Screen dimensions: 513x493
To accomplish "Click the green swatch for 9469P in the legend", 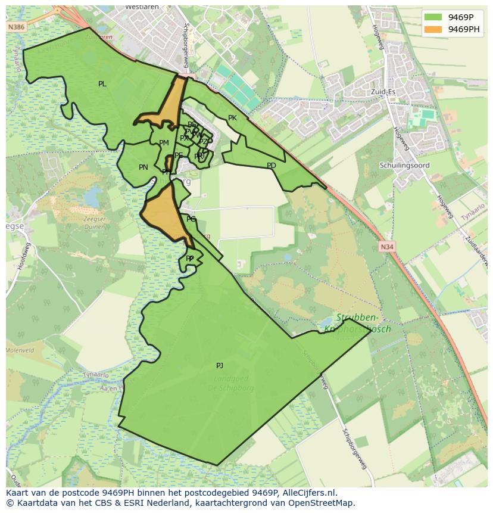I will point(433,17).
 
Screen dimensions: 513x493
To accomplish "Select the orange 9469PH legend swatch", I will point(433,29).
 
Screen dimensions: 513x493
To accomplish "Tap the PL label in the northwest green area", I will point(102,84).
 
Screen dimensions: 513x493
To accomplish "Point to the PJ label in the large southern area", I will point(220,366).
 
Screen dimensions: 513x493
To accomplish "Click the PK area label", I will point(232,118).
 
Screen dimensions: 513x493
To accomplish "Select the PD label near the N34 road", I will point(272,166).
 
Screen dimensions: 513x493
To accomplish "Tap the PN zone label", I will point(143,167).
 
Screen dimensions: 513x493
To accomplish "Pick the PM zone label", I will point(164,143).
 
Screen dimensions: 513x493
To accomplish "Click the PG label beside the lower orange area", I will point(191,219).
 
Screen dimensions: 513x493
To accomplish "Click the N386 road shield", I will point(16,27).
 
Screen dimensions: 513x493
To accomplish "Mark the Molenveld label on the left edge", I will point(20,351).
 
